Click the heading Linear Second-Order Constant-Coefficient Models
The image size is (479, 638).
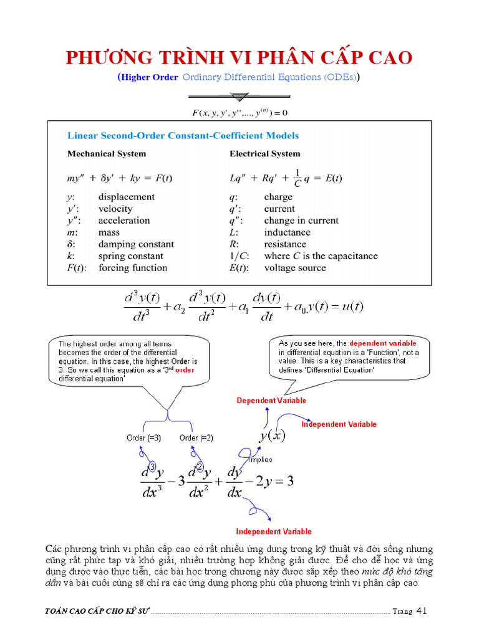[x=183, y=135]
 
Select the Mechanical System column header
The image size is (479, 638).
[x=107, y=153]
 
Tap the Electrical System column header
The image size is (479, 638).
[x=264, y=153]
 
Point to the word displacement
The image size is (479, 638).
[x=126, y=197]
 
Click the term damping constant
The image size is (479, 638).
[x=136, y=244]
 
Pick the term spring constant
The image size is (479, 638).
[x=130, y=256]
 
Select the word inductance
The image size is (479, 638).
[x=287, y=232]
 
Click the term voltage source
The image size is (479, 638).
[x=295, y=268]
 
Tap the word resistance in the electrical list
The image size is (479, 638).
[x=285, y=244]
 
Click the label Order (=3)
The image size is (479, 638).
[x=143, y=438]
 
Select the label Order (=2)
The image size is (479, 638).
[x=196, y=438]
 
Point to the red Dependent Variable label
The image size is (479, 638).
[x=271, y=401]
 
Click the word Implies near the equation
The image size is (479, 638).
[x=260, y=460]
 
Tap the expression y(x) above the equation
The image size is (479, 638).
[x=272, y=436]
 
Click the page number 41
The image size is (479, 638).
[x=422, y=611]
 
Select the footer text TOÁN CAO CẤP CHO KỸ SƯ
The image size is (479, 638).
[x=98, y=611]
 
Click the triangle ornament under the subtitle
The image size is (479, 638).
[x=239, y=97]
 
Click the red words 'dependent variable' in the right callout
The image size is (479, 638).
[x=382, y=343]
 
